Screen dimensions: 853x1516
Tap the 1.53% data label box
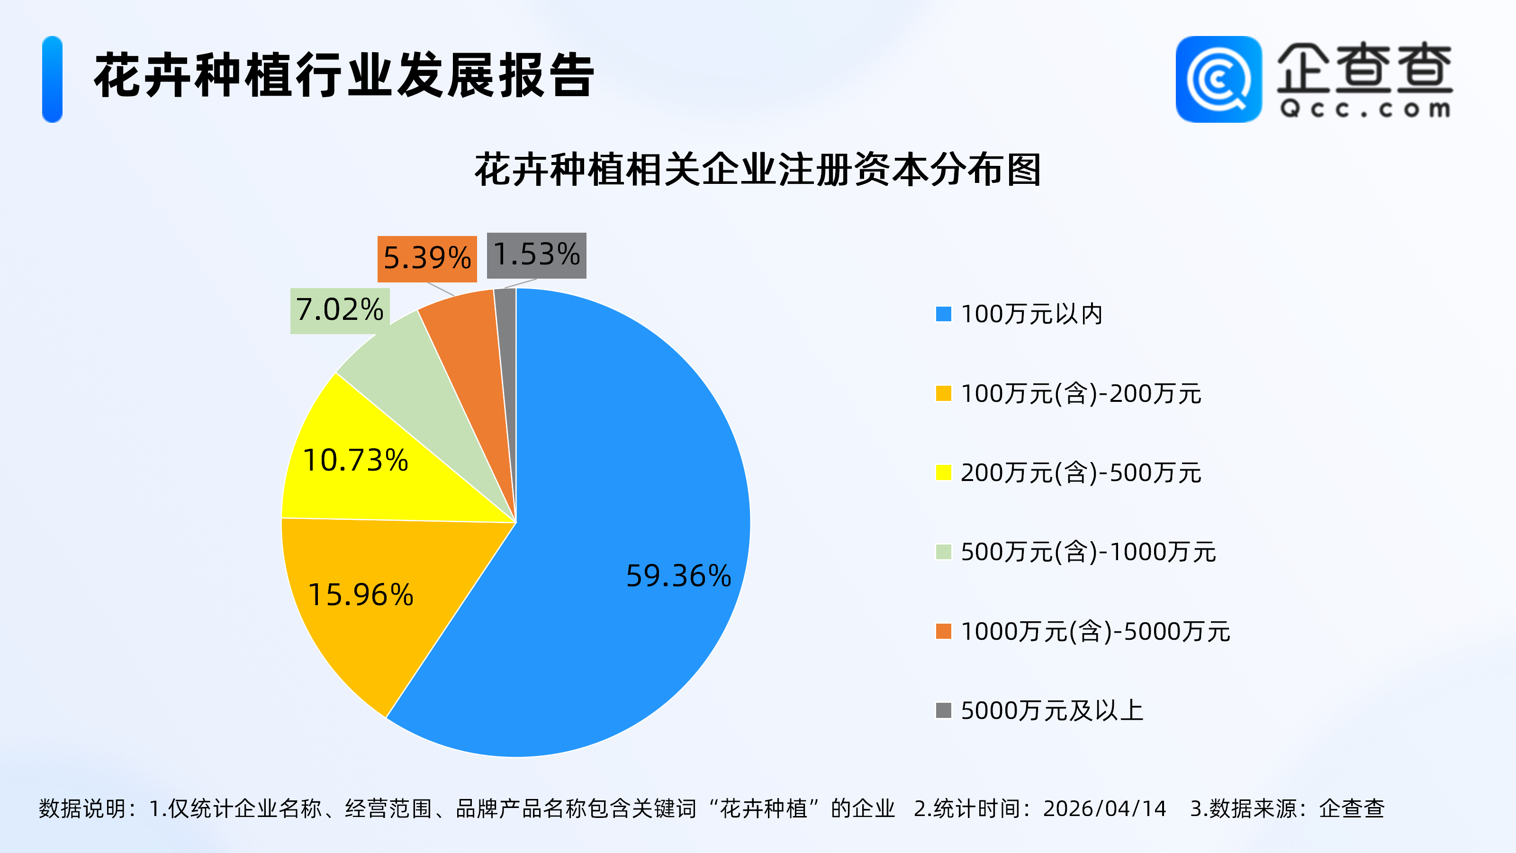click(537, 255)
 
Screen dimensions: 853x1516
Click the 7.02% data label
click(340, 310)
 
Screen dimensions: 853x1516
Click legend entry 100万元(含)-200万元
click(1081, 394)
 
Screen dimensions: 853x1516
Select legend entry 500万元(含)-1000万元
click(1088, 552)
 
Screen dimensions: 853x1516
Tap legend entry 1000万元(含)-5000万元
click(1095, 632)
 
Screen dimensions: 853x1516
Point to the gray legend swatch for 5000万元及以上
click(943, 710)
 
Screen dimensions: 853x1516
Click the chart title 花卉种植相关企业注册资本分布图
click(758, 170)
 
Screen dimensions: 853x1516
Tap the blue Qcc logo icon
click(1218, 80)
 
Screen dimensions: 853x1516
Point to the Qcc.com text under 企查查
click(1365, 109)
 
